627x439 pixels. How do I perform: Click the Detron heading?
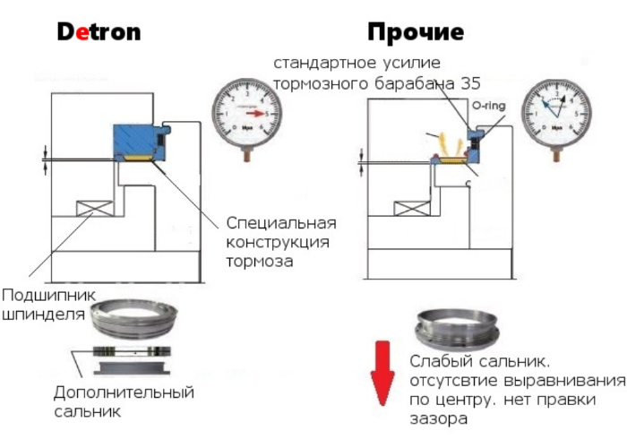coord(99,32)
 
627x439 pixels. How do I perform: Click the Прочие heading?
coord(415,33)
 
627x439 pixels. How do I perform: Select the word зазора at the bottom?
coord(440,419)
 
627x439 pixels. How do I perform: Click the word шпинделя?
coord(43,314)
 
